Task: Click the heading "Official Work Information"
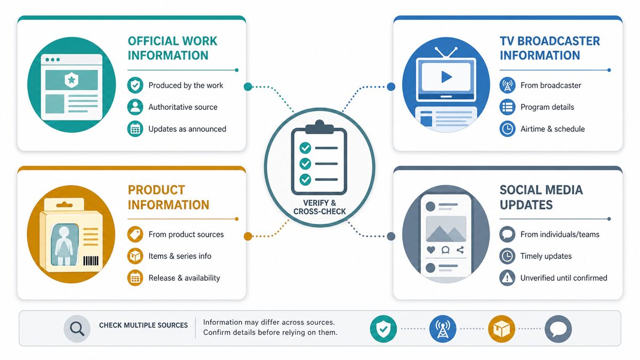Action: coord(172,49)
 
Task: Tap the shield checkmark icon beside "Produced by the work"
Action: coord(135,85)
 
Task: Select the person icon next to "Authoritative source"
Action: coord(135,107)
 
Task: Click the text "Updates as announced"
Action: coord(187,129)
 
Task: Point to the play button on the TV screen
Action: coord(446,77)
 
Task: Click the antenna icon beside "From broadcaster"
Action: coord(507,85)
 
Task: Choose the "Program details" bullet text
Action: coord(547,107)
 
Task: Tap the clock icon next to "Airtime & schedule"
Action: coord(507,129)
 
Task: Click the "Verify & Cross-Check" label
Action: coord(319,207)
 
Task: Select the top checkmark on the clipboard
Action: coord(305,148)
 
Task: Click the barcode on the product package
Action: coord(91,261)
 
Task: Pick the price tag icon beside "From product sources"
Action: coord(135,234)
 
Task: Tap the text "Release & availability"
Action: coord(185,278)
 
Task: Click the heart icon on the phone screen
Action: coord(431,250)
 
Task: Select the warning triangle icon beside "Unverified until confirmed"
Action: coord(507,278)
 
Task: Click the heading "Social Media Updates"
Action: coord(541,197)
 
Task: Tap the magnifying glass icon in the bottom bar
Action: coord(77,329)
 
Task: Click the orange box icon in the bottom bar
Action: coord(501,329)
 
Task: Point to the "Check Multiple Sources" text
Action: coord(143,325)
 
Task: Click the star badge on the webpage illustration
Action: coord(71,79)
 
